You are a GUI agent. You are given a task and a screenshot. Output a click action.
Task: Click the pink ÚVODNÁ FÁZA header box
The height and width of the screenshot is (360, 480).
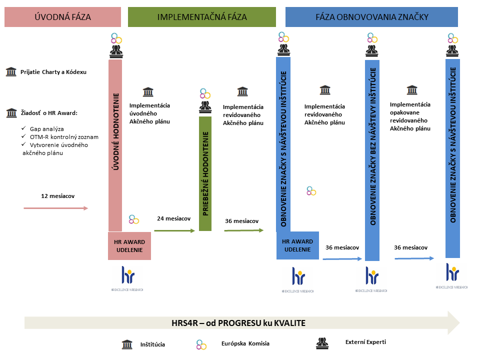(x=62, y=16)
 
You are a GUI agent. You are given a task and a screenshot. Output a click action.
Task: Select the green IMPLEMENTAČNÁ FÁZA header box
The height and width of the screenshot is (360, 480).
(x=202, y=16)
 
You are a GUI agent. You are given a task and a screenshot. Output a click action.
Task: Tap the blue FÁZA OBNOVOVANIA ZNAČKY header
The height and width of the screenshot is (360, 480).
(x=371, y=16)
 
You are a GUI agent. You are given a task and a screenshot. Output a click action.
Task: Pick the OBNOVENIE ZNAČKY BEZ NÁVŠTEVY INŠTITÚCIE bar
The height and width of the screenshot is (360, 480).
(x=372, y=160)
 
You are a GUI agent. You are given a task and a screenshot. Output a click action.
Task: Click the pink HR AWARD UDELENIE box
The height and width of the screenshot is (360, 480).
(x=129, y=246)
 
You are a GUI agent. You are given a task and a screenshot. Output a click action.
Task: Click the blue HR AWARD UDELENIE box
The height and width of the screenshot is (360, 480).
(x=297, y=245)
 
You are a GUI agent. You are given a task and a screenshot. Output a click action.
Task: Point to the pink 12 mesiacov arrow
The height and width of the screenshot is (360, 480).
(x=56, y=208)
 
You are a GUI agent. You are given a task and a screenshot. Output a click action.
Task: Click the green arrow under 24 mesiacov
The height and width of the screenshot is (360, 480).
(x=174, y=230)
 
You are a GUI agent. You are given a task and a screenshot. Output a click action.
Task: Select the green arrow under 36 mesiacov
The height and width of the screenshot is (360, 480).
(x=243, y=230)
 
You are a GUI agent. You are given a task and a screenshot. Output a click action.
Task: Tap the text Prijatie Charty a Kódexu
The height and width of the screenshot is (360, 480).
(x=53, y=72)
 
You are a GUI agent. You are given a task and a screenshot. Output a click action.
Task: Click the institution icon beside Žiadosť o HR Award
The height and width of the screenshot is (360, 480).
(x=10, y=113)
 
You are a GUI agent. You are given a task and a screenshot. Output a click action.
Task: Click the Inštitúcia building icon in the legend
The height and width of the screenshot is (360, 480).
(x=127, y=344)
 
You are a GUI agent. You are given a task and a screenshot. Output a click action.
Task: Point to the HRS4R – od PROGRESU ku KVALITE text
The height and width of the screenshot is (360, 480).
(x=238, y=323)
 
